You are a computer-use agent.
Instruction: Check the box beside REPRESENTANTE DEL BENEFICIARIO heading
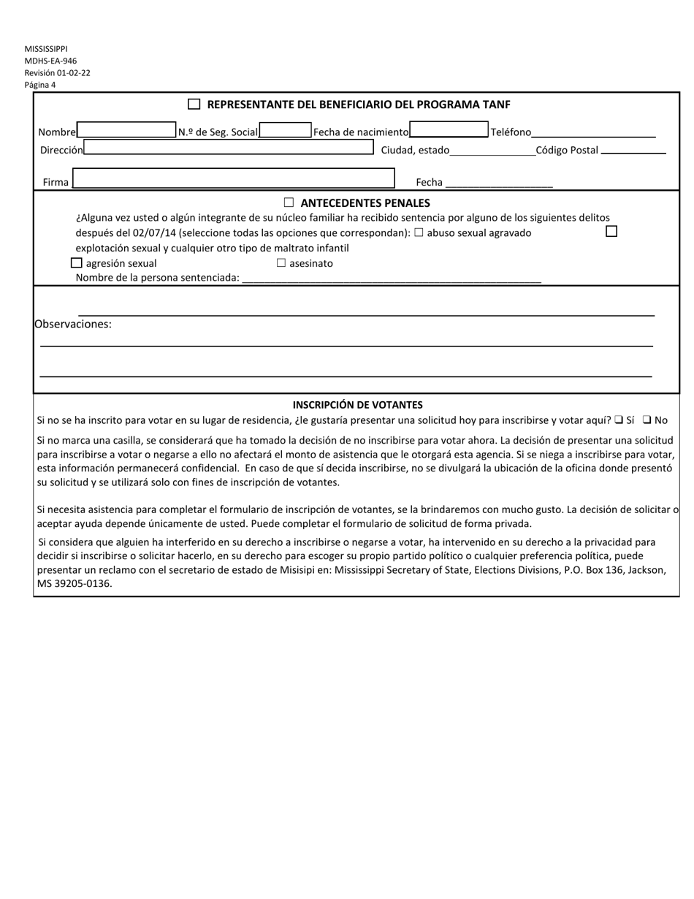tap(194, 105)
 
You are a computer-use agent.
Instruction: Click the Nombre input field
tap(126, 130)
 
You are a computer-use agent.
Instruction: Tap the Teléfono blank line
tap(593, 132)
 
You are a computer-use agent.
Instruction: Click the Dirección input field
tap(229, 148)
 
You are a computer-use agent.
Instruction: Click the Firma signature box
tap(234, 179)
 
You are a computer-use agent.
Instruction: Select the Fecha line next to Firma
tap(497, 183)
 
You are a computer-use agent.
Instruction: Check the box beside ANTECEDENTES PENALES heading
tap(289, 202)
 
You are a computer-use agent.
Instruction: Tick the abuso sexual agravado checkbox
tap(419, 233)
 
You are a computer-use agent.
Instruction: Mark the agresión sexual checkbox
tap(77, 263)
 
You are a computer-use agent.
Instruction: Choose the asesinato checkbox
tap(281, 263)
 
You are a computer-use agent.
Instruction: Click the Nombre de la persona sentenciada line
tap(391, 278)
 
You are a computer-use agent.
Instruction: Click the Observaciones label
tap(73, 324)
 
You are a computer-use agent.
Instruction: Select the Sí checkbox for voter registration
tap(618, 420)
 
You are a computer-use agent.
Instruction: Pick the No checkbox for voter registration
tap(647, 420)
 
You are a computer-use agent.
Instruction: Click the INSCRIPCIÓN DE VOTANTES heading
tap(357, 404)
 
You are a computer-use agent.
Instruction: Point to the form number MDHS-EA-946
tap(50, 61)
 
